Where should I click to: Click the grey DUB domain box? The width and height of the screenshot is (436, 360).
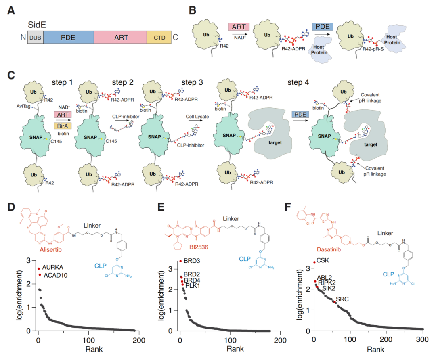coord(35,37)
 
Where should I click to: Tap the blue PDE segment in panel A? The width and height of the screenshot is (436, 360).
coord(68,37)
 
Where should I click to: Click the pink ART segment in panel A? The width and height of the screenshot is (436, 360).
coord(120,37)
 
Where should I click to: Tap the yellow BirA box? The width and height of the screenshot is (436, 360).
coord(63,126)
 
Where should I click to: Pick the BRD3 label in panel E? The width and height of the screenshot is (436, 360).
coord(192,261)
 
